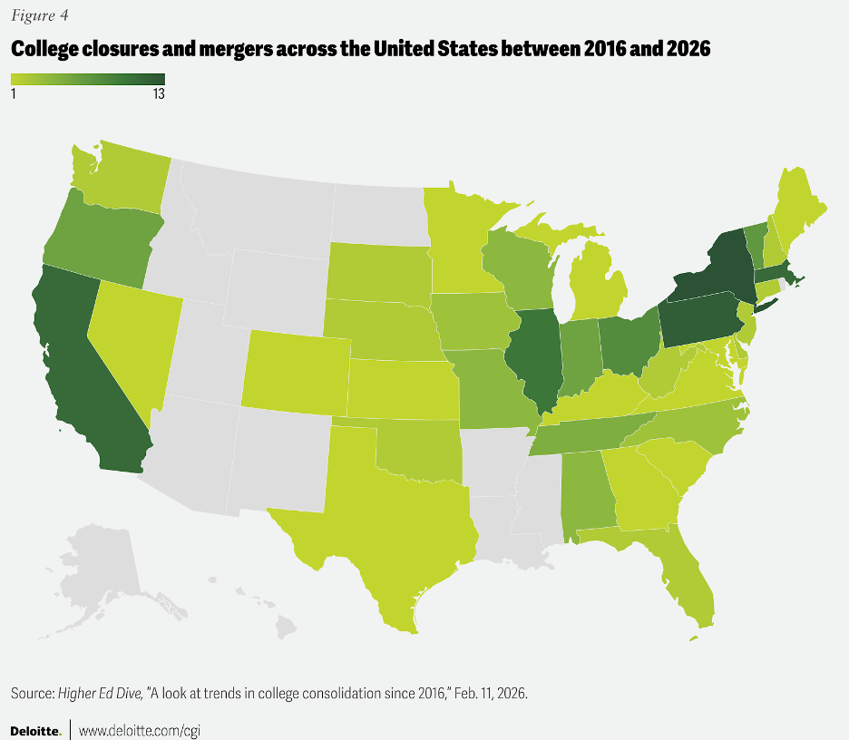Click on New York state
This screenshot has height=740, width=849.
click(717, 268)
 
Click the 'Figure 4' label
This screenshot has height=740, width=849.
click(39, 15)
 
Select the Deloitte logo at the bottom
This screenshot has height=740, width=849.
click(35, 729)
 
